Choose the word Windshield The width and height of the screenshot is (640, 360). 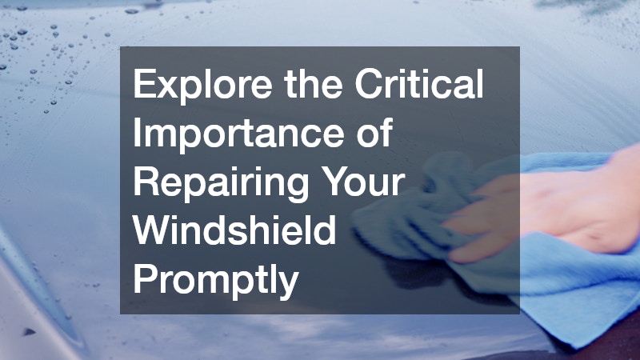234,232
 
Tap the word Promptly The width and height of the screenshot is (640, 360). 214,282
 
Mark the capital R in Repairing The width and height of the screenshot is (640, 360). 145,183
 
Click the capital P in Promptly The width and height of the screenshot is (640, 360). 144,281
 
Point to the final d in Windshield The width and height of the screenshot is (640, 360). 326,232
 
